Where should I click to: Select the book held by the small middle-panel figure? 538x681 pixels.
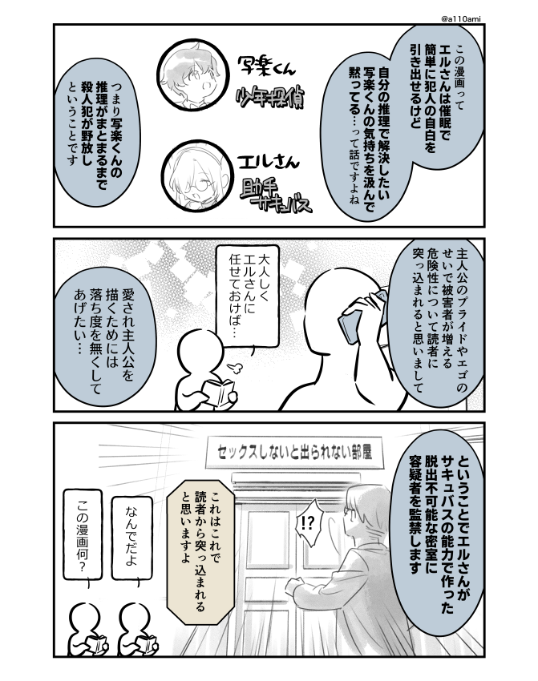coord(217,393)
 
